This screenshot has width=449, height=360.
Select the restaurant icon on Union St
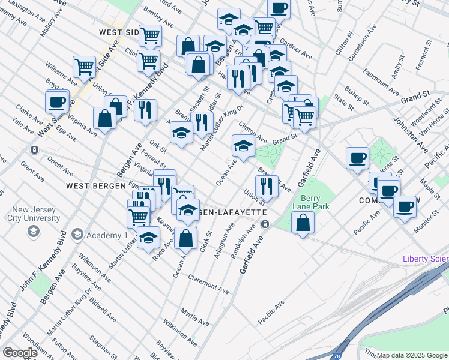point(267,186)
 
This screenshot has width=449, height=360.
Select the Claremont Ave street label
point(208,284)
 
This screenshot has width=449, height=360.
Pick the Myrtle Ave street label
point(194,314)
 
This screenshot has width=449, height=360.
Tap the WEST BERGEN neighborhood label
point(92,186)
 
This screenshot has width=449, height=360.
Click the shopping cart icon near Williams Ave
point(85,67)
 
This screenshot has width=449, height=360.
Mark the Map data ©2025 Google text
point(411,355)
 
